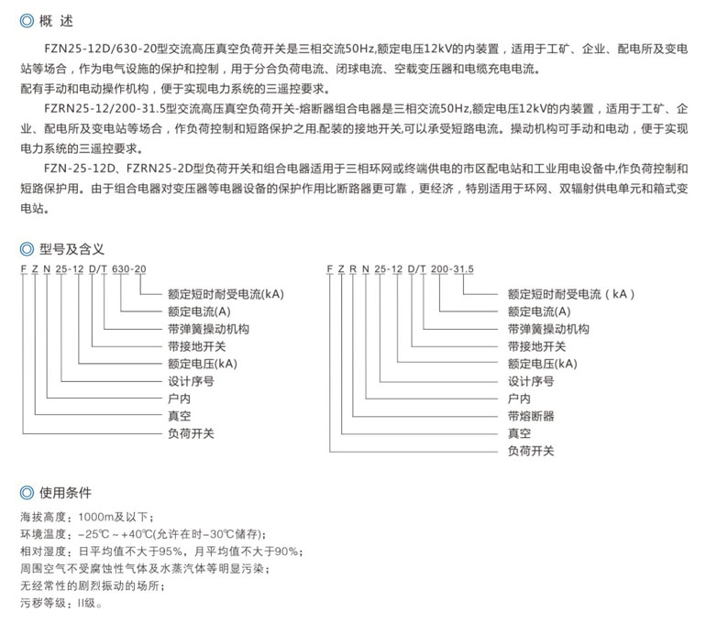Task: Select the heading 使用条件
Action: coord(66,492)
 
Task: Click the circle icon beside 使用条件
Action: coord(28,492)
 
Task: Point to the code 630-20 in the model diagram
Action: coord(128,268)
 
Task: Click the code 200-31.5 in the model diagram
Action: coord(453,268)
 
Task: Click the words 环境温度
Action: coord(43,534)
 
